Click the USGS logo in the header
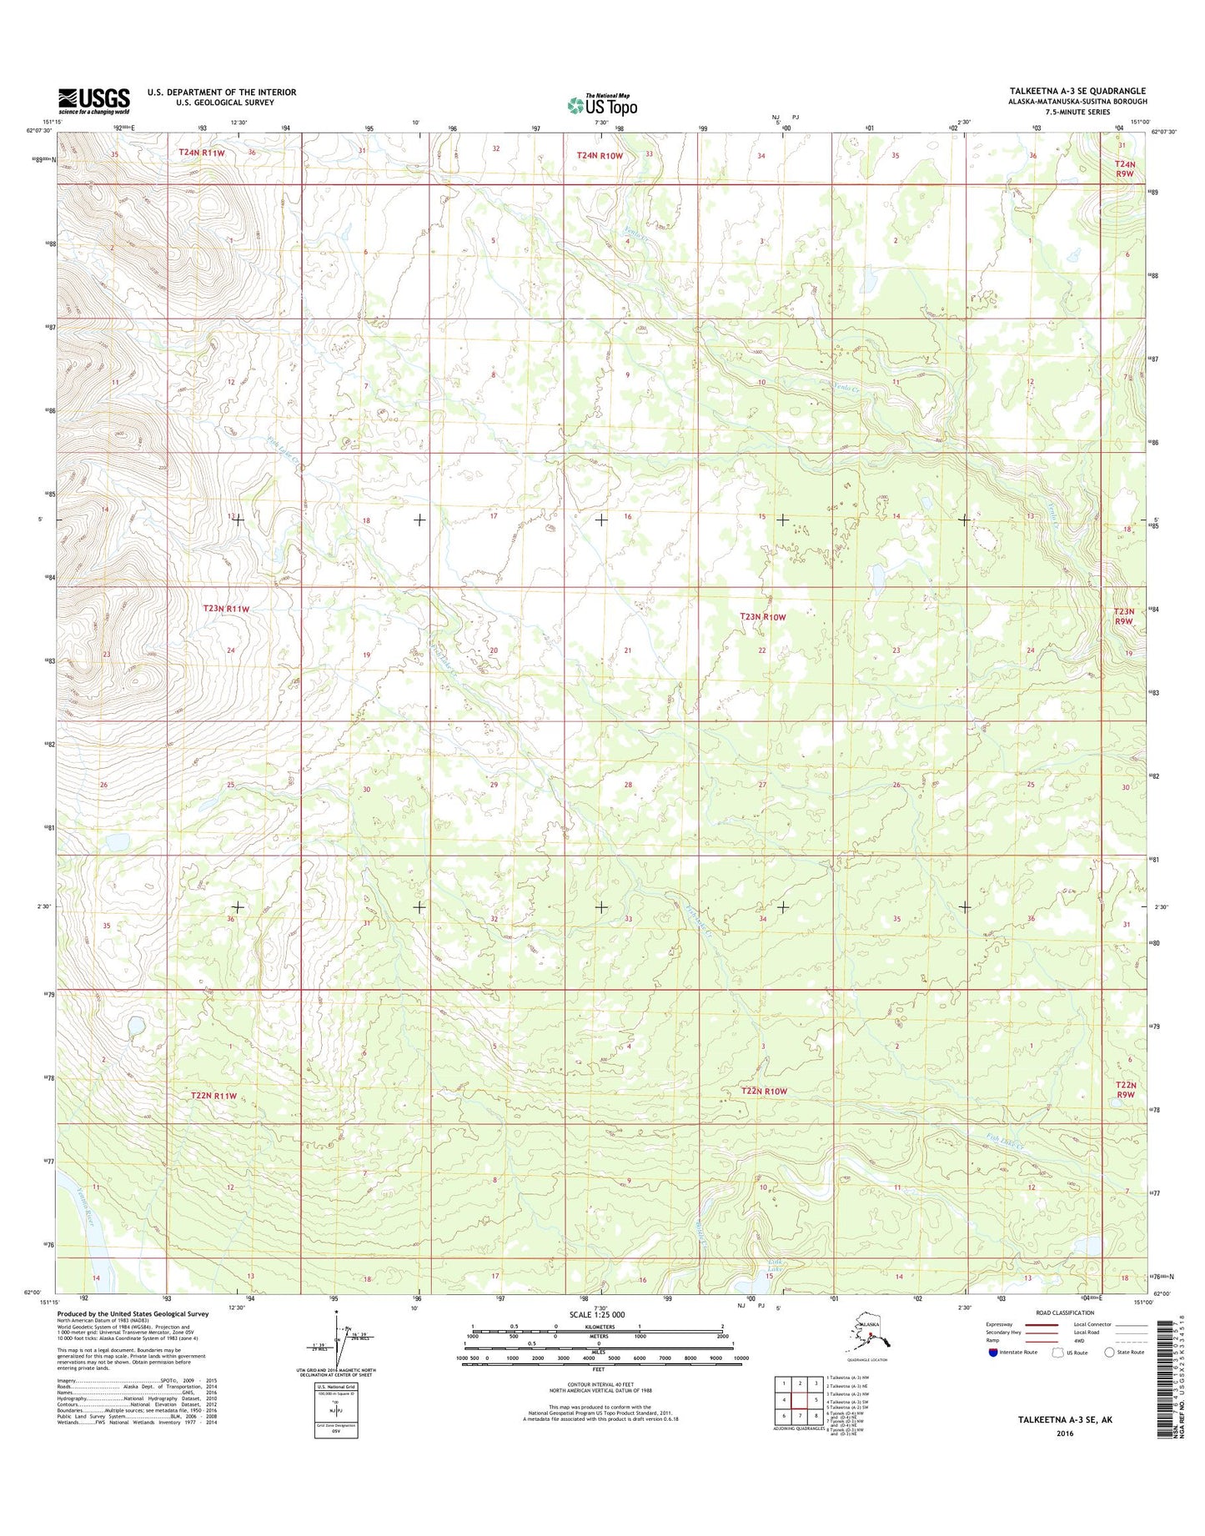pyautogui.click(x=93, y=101)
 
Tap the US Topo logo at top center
pyautogui.click(x=602, y=105)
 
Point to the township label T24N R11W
pyautogui.click(x=202, y=153)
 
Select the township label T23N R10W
pyautogui.click(x=763, y=617)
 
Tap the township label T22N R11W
pyautogui.click(x=213, y=1096)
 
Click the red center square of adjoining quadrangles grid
pyautogui.click(x=800, y=1400)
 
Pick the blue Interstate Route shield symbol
pyautogui.click(x=992, y=1353)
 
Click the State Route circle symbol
pyautogui.click(x=1111, y=1353)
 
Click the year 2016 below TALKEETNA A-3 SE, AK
pyautogui.click(x=1065, y=1434)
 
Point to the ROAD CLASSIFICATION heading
pyautogui.click(x=1065, y=1313)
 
